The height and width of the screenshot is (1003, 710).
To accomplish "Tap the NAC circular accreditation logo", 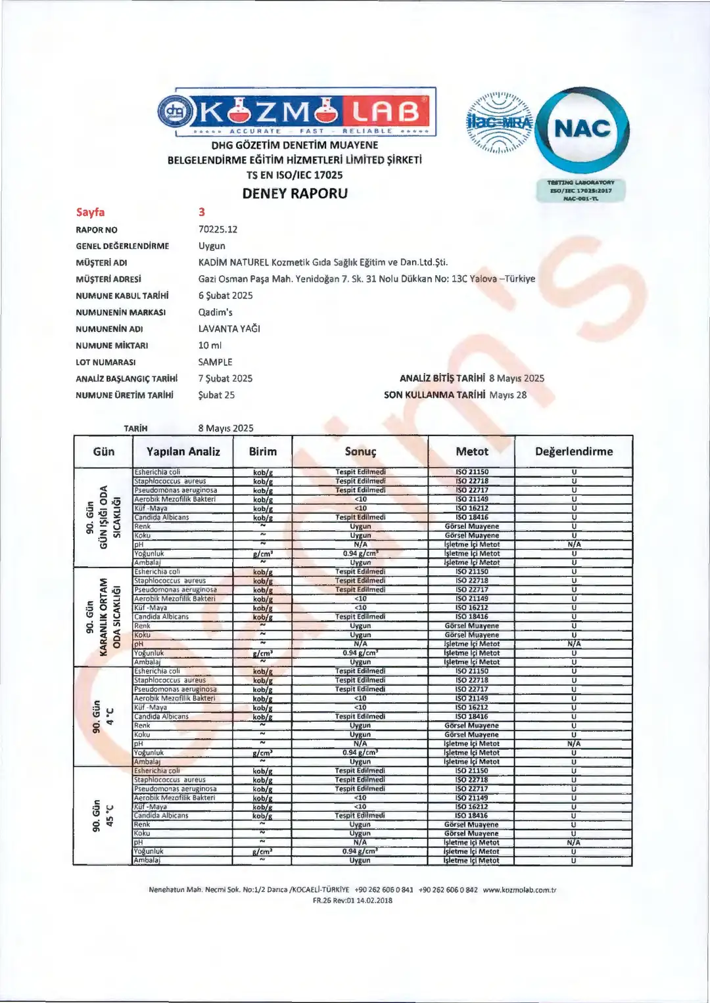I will [x=582, y=129].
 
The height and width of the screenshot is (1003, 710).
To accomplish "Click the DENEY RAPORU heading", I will [x=295, y=193].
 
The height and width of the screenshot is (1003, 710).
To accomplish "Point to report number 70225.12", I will [x=218, y=229].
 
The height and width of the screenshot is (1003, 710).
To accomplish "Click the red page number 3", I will [x=202, y=212].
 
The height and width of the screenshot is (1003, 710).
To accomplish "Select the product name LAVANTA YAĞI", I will [x=229, y=328].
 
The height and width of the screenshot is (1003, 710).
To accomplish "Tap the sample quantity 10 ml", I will [x=210, y=345].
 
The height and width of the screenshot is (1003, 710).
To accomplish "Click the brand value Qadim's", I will [x=216, y=312].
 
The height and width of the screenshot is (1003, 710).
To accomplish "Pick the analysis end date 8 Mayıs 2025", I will [x=517, y=378].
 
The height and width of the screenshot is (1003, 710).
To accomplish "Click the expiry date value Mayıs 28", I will [x=508, y=395].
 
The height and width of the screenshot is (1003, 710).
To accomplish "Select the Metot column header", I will [x=472, y=451].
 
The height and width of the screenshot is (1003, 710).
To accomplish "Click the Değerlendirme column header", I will [x=574, y=451].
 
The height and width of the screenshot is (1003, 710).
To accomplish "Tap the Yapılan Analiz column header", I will [x=183, y=451].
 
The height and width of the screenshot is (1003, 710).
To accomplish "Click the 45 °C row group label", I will [x=103, y=815].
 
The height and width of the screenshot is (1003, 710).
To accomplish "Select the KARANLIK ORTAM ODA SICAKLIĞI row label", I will [x=103, y=617].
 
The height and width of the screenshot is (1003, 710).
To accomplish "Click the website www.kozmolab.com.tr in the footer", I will [x=519, y=890].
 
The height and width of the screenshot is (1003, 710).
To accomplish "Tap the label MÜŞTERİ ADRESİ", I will [x=108, y=279].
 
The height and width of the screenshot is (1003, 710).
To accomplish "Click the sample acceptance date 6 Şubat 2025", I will [x=225, y=296].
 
